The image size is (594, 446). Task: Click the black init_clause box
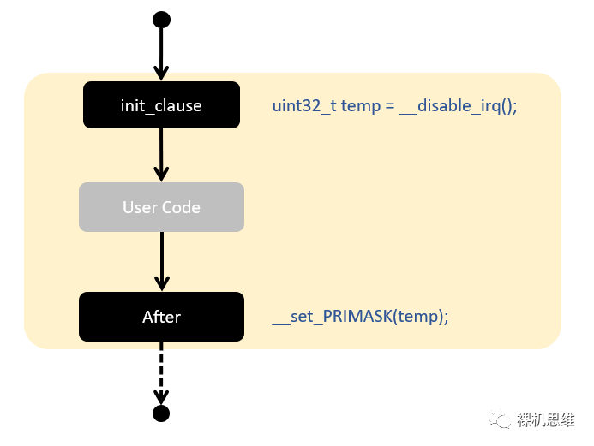[x=161, y=105]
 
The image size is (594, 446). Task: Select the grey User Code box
[x=161, y=207]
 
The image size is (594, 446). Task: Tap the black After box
[x=161, y=317]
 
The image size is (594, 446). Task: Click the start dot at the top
[x=161, y=20]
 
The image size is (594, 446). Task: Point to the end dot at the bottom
[x=161, y=414]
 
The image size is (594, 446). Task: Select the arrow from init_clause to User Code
[x=161, y=155]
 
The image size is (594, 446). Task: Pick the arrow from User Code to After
[x=161, y=261]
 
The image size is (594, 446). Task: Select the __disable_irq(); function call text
[x=459, y=106]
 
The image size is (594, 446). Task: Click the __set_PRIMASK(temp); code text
[x=360, y=317]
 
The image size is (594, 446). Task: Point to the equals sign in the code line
[x=388, y=106]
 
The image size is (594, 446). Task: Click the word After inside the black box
[x=161, y=317]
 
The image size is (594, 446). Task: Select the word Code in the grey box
[x=182, y=207]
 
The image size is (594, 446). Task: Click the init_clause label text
[x=161, y=106]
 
